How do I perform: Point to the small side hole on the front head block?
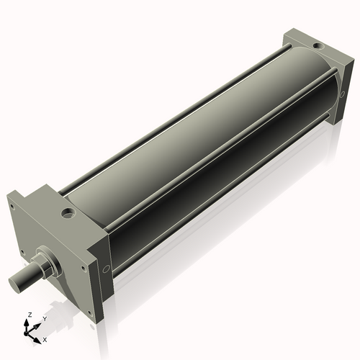click(107, 269)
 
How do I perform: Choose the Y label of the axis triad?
click(44, 318)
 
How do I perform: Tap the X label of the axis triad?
click(45, 338)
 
